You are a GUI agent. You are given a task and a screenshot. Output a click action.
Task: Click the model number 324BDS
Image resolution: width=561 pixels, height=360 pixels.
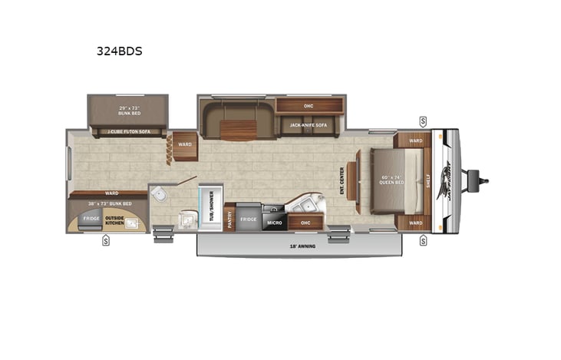pyautogui.click(x=120, y=53)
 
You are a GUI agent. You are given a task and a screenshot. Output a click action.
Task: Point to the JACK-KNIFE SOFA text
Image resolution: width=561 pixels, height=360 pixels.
pyautogui.click(x=305, y=124)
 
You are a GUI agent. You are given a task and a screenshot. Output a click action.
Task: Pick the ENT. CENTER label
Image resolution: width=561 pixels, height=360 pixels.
pyautogui.click(x=342, y=181)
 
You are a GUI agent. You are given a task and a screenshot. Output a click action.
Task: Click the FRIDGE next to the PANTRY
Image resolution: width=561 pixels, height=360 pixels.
pyautogui.click(x=248, y=219)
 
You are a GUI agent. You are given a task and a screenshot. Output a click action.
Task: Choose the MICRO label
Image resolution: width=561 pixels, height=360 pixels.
pyautogui.click(x=274, y=223)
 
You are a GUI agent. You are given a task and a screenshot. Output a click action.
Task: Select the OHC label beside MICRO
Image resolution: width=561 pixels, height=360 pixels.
pyautogui.click(x=305, y=223)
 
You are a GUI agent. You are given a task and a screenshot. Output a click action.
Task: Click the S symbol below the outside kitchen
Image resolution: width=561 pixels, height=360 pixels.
pyautogui.click(x=105, y=242)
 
